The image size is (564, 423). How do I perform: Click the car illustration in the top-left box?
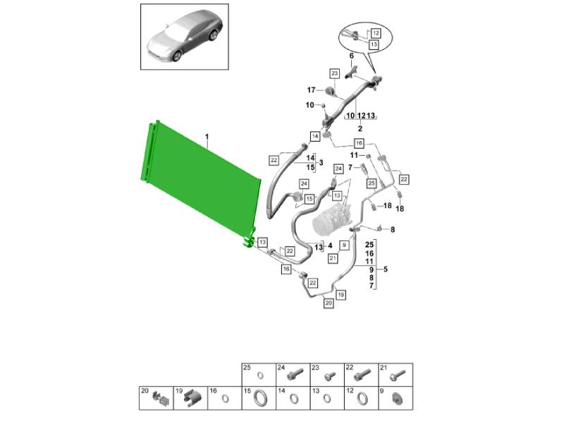tap(185, 37)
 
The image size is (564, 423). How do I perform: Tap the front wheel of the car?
tap(178, 56)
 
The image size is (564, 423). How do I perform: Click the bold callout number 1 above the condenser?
tap(207, 137)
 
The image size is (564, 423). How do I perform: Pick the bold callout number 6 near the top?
tap(351, 56)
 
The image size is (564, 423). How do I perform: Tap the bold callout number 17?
tap(311, 90)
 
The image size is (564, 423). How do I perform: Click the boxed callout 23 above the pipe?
tap(335, 74)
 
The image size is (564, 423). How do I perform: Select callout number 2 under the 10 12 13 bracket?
tap(360, 128)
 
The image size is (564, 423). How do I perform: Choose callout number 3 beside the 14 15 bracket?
tap(321, 163)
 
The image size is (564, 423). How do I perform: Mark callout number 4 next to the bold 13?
tap(330, 246)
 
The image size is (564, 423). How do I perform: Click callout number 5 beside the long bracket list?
tap(386, 269)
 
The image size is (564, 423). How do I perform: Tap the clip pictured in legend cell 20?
tap(160, 398)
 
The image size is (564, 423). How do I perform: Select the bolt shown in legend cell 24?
tap(293, 375)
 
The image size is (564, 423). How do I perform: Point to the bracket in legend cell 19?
tap(193, 398)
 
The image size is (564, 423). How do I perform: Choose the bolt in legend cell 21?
tap(398, 375)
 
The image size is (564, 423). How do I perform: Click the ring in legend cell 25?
tap(259, 376)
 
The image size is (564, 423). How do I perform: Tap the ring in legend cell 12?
tap(362, 398)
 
